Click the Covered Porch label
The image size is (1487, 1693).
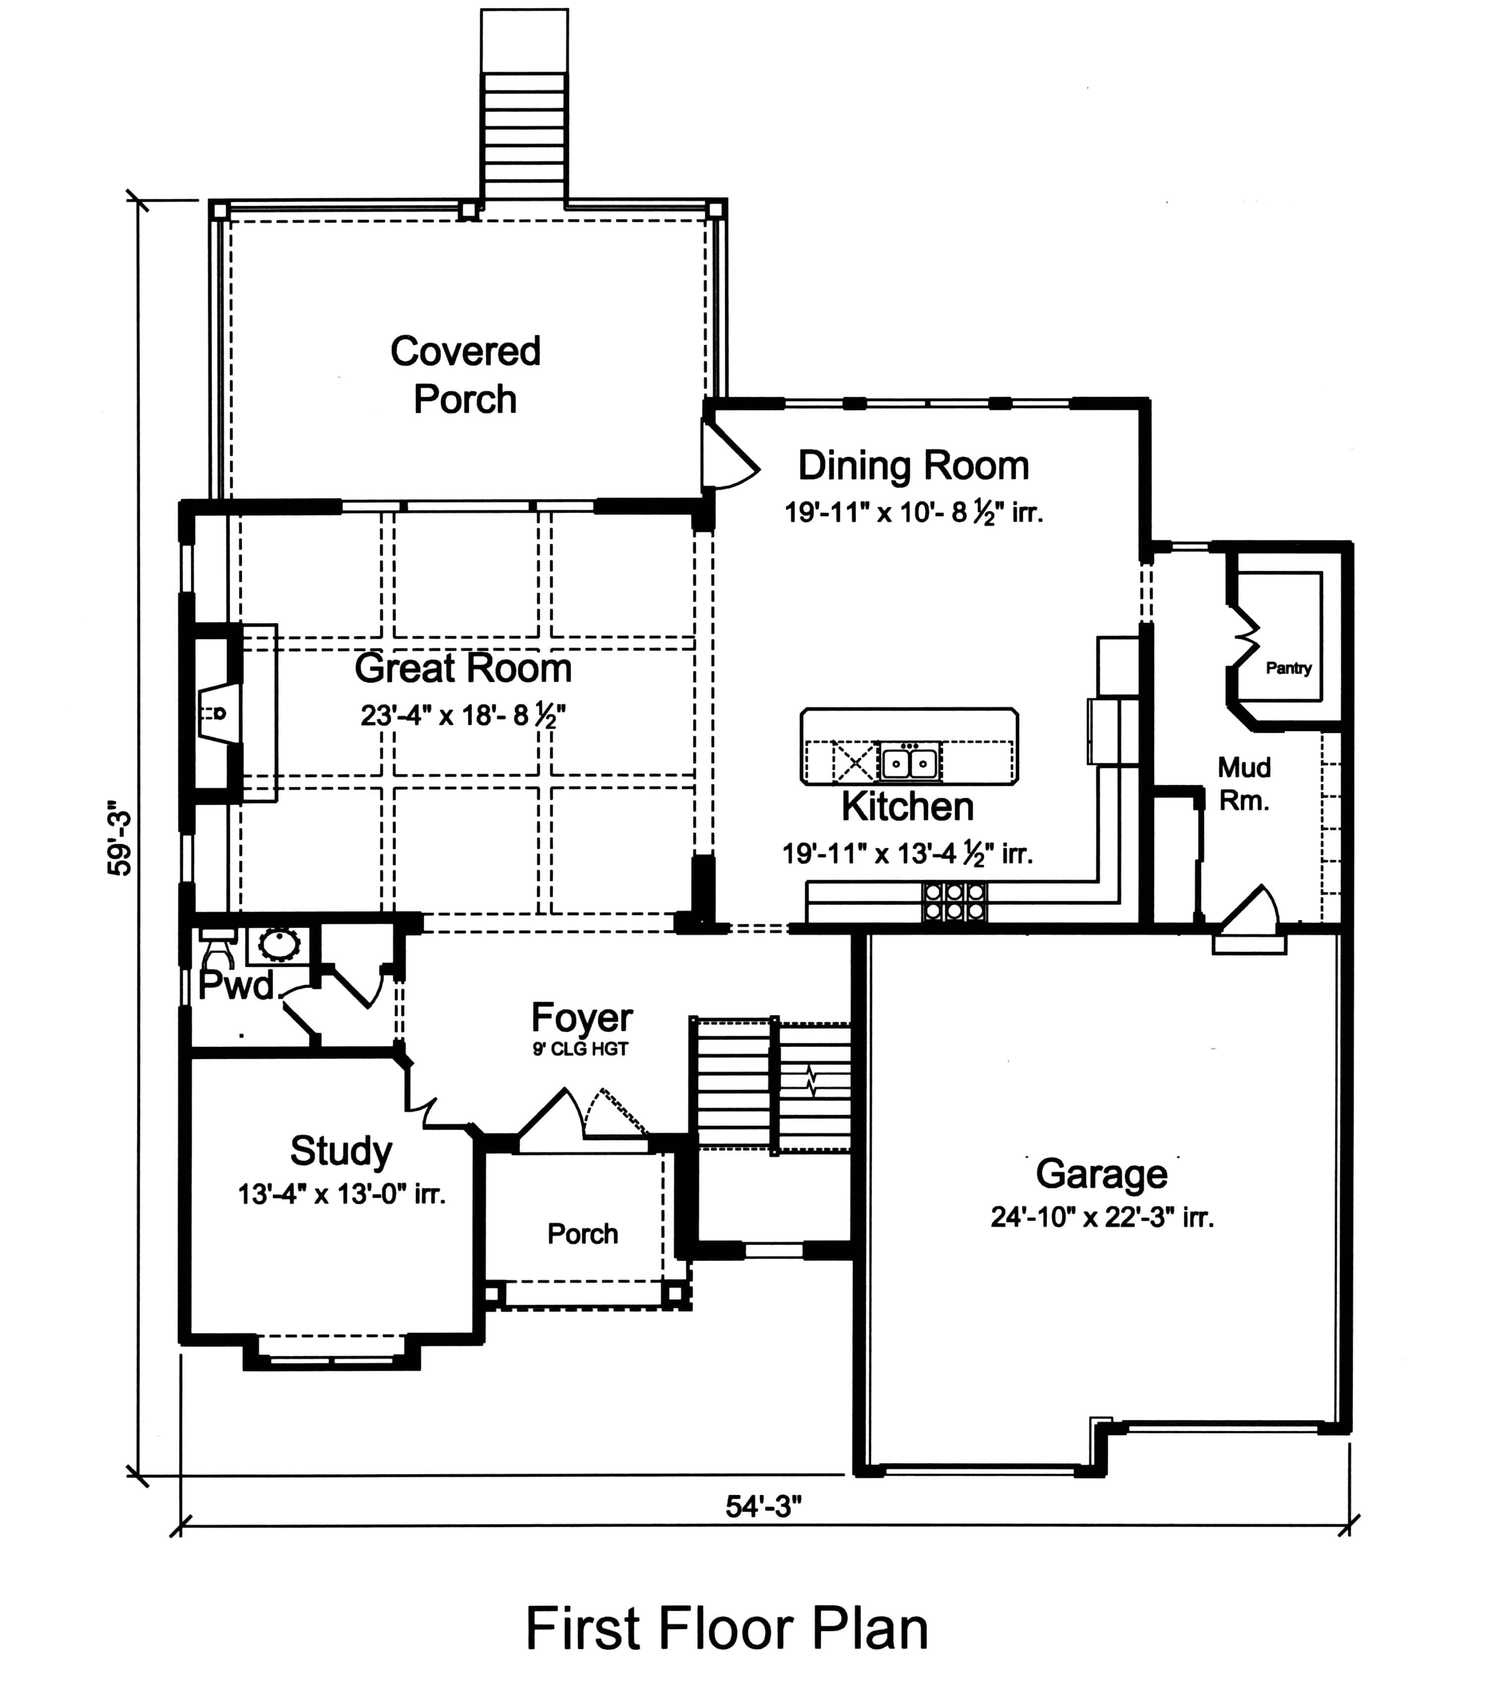pos(465,374)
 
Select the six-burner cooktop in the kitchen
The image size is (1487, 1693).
pos(954,902)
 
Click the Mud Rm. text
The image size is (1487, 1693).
pos(1244,784)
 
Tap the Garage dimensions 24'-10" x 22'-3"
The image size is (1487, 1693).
pos(1102,1217)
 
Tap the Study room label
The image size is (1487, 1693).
pos(341,1151)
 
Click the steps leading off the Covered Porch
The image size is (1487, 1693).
pos(524,132)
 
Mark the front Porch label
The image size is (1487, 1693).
pos(582,1233)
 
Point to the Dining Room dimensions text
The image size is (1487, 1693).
pos(913,513)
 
